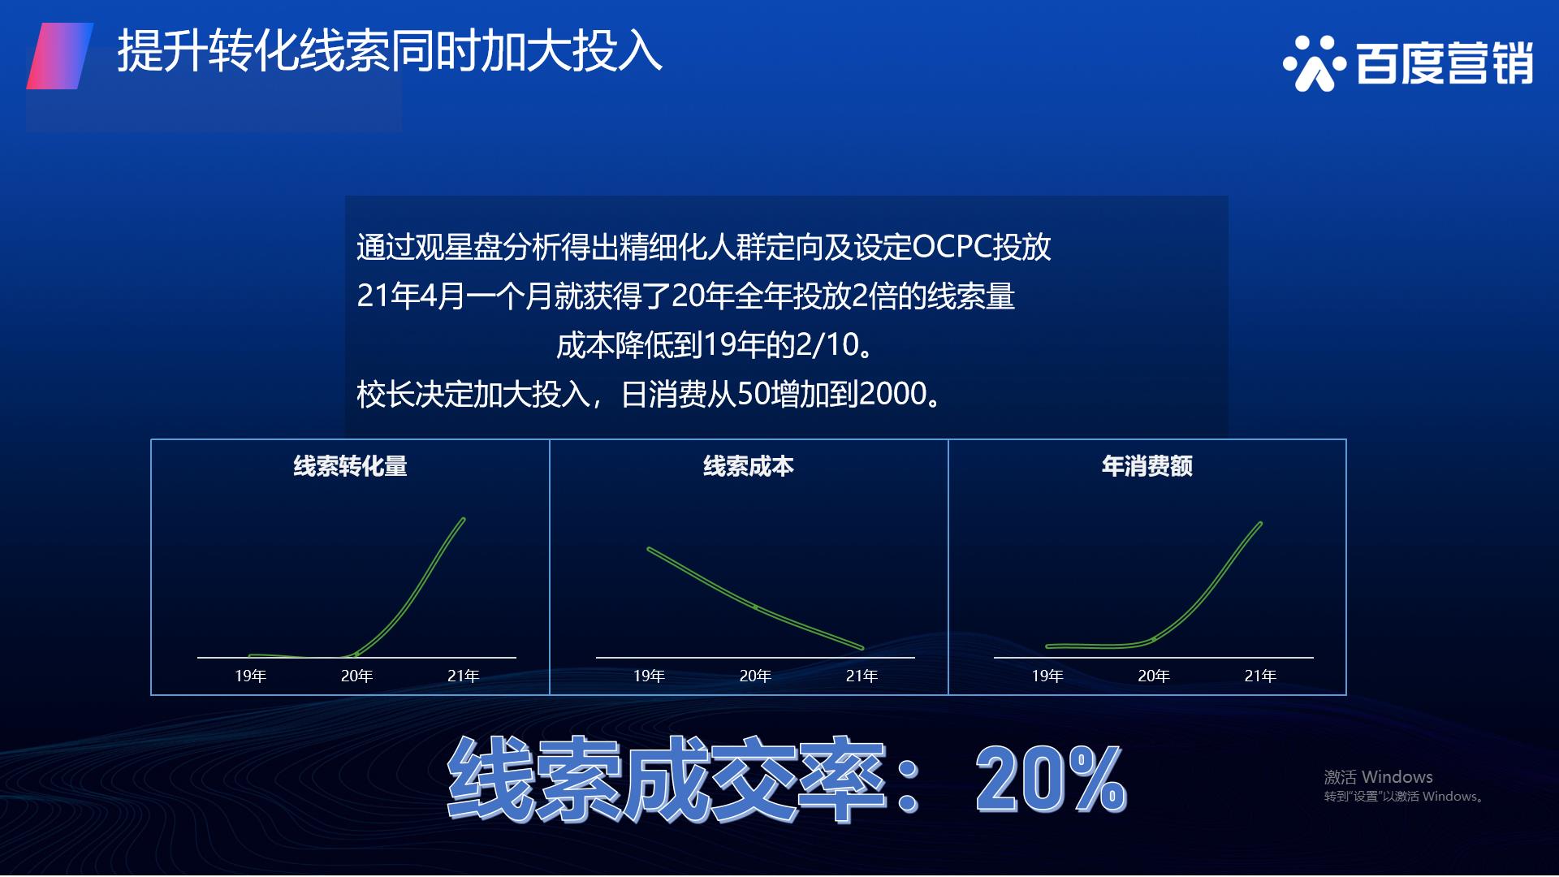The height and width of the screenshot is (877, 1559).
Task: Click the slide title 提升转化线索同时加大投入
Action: [x=390, y=50]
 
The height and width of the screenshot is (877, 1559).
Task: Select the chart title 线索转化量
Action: [x=350, y=466]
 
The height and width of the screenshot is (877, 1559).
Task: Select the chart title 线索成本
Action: [x=748, y=466]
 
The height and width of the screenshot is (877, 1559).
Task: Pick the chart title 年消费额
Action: [x=1147, y=466]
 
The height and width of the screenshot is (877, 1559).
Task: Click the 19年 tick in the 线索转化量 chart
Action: [x=250, y=676]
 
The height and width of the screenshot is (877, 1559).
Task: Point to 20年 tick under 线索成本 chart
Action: [x=755, y=676]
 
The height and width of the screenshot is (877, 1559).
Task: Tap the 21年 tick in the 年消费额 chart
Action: [x=1260, y=676]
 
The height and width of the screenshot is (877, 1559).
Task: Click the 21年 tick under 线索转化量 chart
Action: [x=463, y=676]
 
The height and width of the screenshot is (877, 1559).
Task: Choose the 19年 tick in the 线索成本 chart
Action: [x=649, y=676]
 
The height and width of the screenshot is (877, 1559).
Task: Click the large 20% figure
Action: [x=1051, y=780]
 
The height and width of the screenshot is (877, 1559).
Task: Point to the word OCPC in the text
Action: [x=952, y=247]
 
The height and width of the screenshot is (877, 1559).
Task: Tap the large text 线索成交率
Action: [x=666, y=780]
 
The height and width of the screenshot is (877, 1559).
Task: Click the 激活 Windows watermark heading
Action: [x=1378, y=777]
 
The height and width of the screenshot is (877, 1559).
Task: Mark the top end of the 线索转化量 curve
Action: [x=464, y=519]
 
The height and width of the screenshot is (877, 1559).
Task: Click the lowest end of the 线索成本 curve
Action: [x=862, y=648]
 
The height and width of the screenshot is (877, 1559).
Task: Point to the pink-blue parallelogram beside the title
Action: [x=60, y=56]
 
